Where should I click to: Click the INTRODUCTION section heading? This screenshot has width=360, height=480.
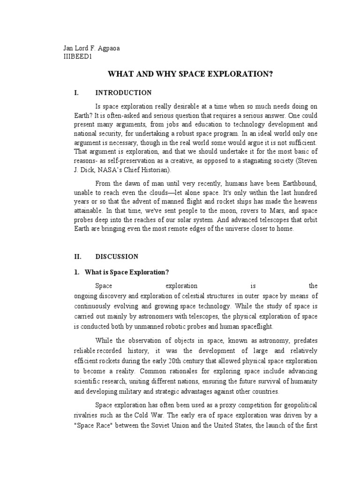click(x=123, y=93)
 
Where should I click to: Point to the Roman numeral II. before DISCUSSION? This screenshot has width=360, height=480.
click(x=78, y=256)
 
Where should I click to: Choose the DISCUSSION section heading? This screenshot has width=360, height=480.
click(x=117, y=256)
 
